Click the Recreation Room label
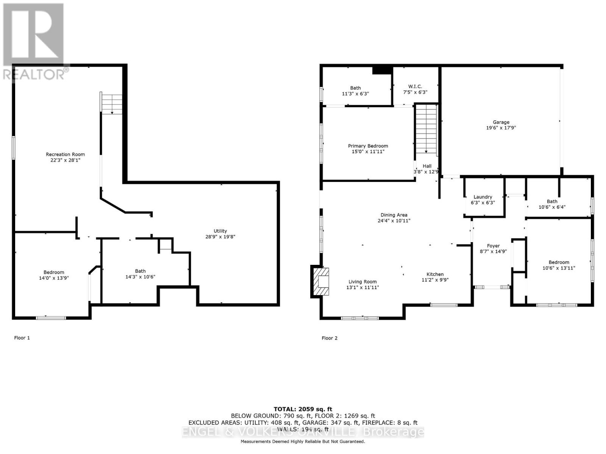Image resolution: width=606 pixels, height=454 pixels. click(x=65, y=154)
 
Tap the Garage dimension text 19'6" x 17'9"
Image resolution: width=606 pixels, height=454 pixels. click(x=501, y=128)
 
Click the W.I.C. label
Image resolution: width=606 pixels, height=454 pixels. click(x=415, y=87)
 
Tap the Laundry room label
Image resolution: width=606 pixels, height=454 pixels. click(x=483, y=197)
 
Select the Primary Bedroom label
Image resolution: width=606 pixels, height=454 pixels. click(x=368, y=146)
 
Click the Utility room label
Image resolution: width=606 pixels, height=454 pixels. click(x=220, y=231)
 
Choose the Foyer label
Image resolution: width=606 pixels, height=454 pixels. click(x=493, y=246)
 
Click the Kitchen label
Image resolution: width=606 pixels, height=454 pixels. click(x=435, y=274)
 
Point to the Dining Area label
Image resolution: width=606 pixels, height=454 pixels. click(x=394, y=215)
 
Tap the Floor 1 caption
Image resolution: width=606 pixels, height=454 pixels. click(x=22, y=338)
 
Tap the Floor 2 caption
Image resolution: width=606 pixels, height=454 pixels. click(x=330, y=338)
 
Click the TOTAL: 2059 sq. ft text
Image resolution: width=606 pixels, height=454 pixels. click(x=303, y=409)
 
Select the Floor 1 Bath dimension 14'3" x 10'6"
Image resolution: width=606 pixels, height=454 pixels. click(x=140, y=277)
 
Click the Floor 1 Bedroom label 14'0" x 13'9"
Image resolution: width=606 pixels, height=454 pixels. click(x=54, y=272)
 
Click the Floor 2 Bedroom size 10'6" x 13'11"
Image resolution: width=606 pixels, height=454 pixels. click(x=559, y=268)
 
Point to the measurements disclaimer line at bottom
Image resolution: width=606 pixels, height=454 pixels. click(x=303, y=442)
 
